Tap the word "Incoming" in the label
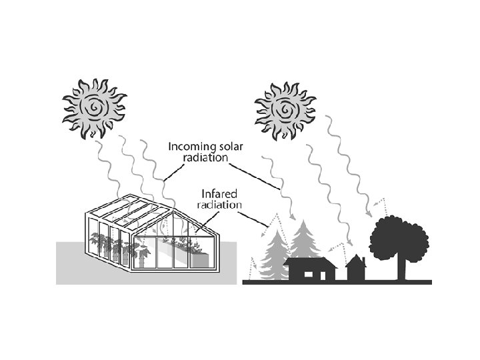[191, 146]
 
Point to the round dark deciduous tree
[399, 237]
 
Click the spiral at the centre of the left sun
[94, 107]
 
